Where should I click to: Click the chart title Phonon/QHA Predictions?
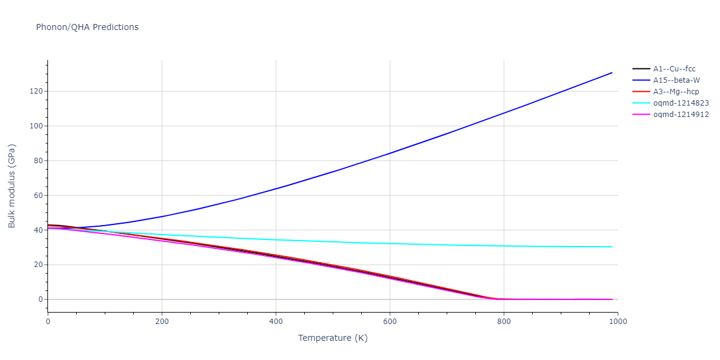pos(87,27)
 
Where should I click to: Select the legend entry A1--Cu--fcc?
pos(674,69)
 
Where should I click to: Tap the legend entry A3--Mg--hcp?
pos(676,92)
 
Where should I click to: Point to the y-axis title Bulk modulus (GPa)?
pos(12,185)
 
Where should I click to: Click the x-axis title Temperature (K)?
pos(332,338)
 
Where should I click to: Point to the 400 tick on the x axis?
pos(276,321)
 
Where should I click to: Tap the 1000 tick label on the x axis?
pos(617,321)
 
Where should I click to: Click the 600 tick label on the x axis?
pos(390,321)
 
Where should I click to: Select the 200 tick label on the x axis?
pos(162,321)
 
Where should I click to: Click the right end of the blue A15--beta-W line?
pos(612,73)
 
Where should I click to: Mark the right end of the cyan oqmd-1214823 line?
pos(612,247)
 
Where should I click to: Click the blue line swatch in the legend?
pos(641,80)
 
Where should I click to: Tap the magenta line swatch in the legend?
pos(641,115)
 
